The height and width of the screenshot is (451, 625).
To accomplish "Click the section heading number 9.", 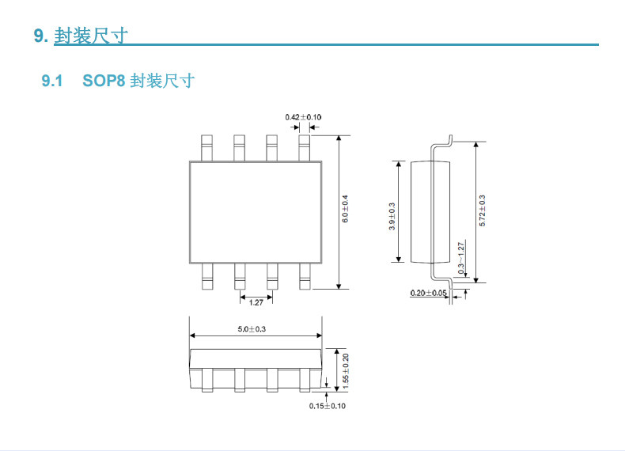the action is (41, 36).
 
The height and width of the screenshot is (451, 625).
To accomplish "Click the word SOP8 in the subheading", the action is (104, 81).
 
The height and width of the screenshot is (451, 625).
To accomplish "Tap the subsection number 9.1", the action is (52, 81).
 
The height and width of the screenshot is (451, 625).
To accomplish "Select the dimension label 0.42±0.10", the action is (303, 117).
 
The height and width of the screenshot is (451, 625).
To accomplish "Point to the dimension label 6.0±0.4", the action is (345, 209).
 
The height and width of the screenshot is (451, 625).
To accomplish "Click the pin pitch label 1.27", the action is (256, 303).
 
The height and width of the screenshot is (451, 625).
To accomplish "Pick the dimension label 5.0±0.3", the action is (252, 329).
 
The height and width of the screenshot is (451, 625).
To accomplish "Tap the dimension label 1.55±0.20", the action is (346, 371).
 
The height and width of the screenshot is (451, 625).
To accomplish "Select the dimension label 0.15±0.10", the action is (328, 406).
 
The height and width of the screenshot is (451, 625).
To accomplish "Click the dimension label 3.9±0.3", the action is (392, 217).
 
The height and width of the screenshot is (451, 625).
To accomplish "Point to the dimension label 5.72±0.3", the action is (483, 211).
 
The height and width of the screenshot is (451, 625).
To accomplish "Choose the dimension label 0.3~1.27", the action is (461, 258).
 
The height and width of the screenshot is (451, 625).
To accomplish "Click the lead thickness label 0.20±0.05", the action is (429, 293).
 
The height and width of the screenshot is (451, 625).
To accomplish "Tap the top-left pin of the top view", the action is (206, 148).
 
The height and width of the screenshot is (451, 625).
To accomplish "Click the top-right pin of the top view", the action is (304, 148).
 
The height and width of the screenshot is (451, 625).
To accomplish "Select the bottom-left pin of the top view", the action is (207, 276).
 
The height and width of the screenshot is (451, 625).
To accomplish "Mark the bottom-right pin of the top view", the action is (305, 276).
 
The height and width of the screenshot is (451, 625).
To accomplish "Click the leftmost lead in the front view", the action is (206, 380).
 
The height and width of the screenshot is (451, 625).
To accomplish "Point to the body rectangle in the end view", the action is (430, 212).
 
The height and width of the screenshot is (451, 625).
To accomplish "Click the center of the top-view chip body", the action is (256, 212).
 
